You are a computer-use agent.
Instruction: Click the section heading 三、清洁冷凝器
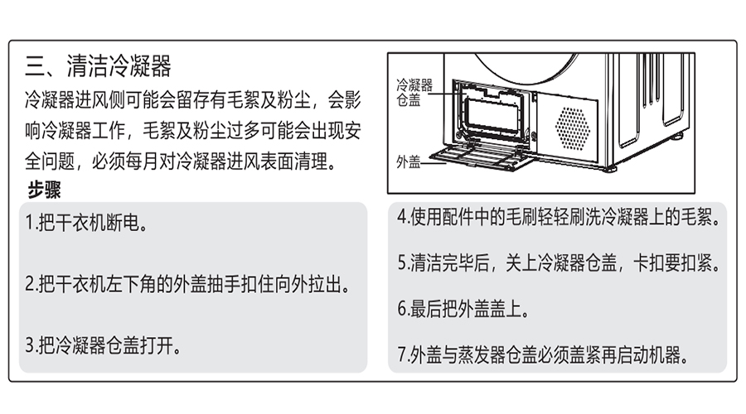coord(99,65)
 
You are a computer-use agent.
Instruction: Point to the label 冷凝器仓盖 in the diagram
coord(414,92)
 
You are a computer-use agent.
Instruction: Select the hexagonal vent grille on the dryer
coord(572,125)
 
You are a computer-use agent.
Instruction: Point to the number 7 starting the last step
coord(401,355)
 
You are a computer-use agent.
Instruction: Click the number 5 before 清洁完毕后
coord(401,264)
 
